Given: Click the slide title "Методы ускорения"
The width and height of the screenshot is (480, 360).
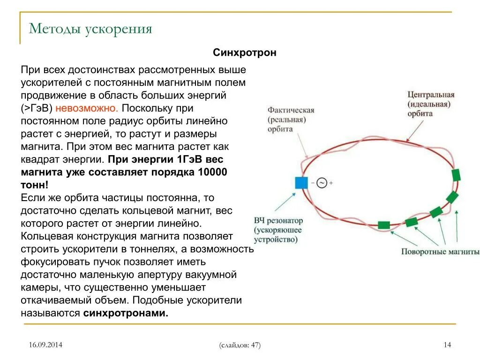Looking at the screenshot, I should [x=90, y=29].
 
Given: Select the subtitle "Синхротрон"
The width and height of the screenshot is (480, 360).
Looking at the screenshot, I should [x=245, y=52].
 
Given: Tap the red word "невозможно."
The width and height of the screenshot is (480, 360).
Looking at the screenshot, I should [x=87, y=108].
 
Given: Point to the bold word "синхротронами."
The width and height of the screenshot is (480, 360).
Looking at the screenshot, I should [x=126, y=313].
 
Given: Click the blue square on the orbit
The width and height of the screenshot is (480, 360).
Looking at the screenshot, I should [x=301, y=182].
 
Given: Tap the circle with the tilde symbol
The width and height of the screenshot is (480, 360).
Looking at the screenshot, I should [x=321, y=183].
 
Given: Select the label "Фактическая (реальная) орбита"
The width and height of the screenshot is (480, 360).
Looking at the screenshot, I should [x=291, y=119].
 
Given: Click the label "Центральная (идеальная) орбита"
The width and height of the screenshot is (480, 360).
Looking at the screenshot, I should [x=431, y=104].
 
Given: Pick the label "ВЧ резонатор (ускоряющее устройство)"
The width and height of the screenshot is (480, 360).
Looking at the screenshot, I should [x=278, y=230].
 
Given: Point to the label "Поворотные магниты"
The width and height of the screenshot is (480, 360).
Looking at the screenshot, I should [x=440, y=252].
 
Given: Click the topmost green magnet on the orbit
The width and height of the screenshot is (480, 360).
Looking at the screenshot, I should [x=456, y=175].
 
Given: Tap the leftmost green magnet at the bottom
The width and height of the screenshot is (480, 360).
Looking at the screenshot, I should [x=384, y=225].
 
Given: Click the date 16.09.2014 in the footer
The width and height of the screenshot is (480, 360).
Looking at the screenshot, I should [x=45, y=345].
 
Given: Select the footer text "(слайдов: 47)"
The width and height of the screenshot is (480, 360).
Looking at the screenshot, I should [x=240, y=345].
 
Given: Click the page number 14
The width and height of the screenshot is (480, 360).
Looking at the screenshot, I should [x=447, y=345].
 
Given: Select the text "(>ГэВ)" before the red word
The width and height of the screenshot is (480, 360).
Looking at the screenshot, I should [x=37, y=108].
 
